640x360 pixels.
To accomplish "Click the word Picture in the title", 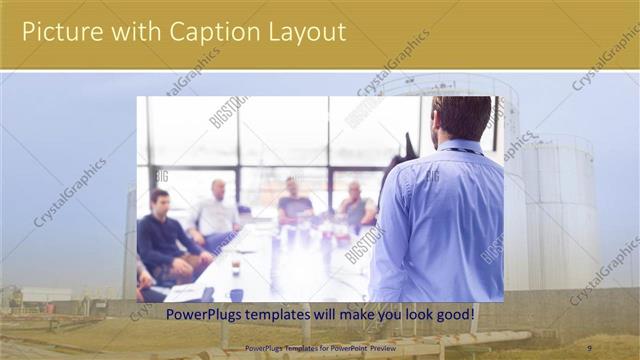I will coord(62,33).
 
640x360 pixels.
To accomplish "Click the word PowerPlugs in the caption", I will coord(203,314).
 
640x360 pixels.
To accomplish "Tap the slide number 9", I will coord(589,347).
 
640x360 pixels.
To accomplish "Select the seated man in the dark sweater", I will coord(162,240).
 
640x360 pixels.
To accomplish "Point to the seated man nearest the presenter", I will coord(355,208).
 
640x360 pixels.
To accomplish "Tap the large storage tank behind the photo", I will coord(515,180).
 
